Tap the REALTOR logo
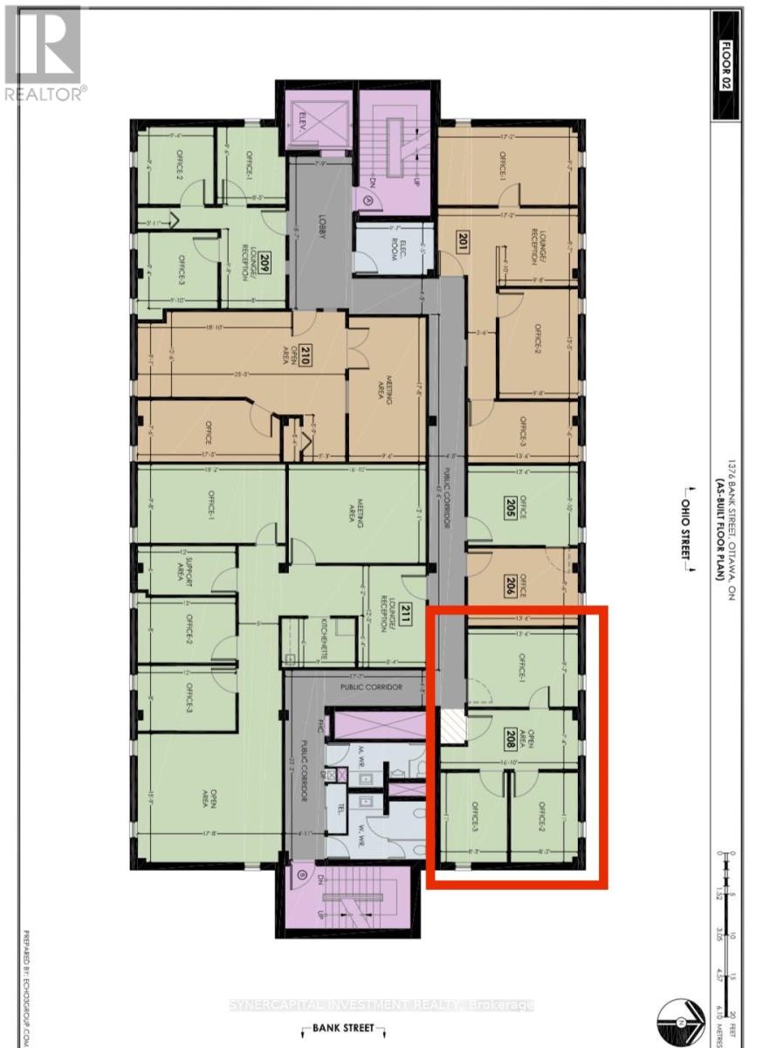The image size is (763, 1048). coord(43,52)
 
